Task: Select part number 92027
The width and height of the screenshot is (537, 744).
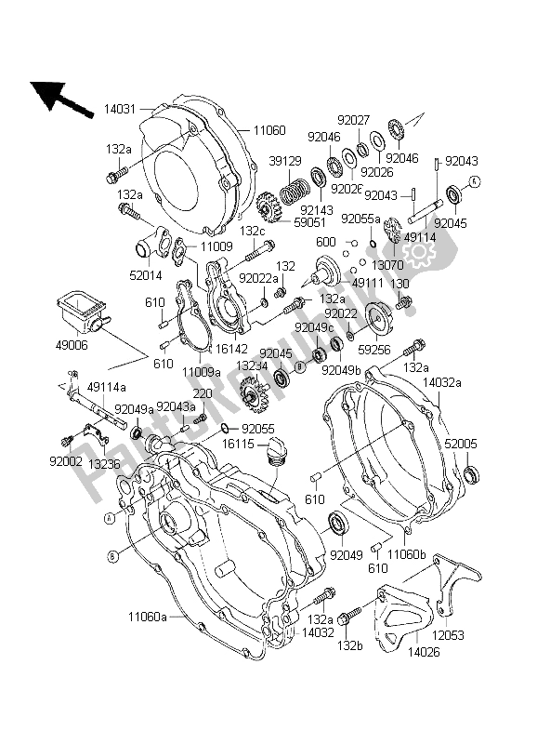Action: tap(378, 119)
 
